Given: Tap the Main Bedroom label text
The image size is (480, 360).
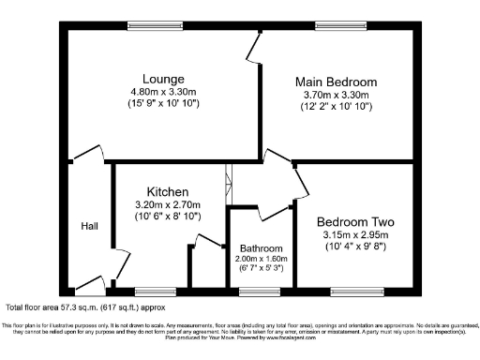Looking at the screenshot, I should (x=337, y=82).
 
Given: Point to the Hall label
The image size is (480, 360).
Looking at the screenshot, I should (x=89, y=226).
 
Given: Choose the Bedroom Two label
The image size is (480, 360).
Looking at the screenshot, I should (x=354, y=222).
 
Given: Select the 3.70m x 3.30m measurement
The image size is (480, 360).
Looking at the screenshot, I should (x=337, y=95).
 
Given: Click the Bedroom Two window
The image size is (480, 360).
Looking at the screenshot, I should (x=356, y=292).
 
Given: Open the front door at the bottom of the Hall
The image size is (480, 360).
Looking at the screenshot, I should (x=89, y=283).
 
